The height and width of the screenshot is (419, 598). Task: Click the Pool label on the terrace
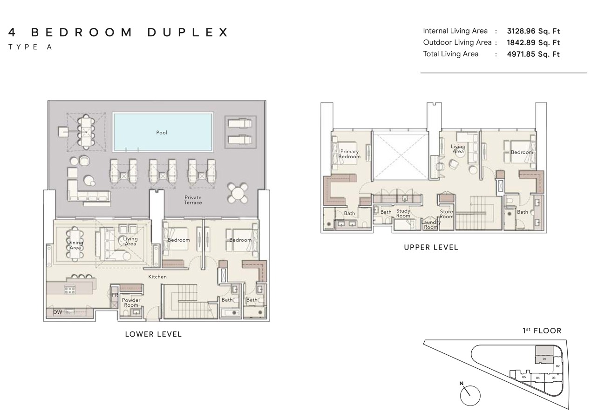[x=162, y=133]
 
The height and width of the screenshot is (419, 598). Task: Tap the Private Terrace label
[x=193, y=200]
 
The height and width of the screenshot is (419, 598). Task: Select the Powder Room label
[x=131, y=303]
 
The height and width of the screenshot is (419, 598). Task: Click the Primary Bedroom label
[x=349, y=154]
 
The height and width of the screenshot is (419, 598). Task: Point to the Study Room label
[x=403, y=213]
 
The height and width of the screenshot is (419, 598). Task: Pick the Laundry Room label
[x=431, y=225]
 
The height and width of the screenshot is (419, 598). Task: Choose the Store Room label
[x=446, y=214]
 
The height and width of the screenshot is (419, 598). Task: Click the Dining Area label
[x=75, y=245]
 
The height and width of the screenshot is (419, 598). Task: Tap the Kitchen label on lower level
[x=157, y=277]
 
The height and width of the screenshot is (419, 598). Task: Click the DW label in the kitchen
[x=57, y=312]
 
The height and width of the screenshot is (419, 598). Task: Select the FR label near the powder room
[x=115, y=295]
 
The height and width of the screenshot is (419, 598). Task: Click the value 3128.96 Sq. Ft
[x=533, y=31]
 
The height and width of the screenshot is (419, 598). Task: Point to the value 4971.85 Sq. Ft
[x=533, y=54]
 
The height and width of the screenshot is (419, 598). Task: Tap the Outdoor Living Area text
[x=457, y=42]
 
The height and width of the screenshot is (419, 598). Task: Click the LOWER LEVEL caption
[x=153, y=334]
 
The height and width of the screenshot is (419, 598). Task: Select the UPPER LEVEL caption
[x=431, y=248]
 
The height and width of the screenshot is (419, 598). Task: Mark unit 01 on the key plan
[x=544, y=359]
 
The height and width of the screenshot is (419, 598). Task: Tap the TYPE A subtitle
[x=30, y=47]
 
